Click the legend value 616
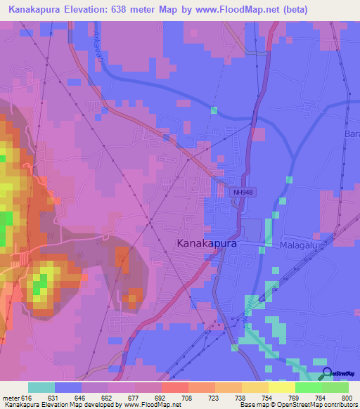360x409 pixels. (x=25, y=397)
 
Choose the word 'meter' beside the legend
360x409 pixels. (x=11, y=397)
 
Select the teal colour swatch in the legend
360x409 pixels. (x=41, y=387)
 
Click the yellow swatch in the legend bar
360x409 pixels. (x=281, y=387)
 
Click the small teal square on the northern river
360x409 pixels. (x=214, y=110)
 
